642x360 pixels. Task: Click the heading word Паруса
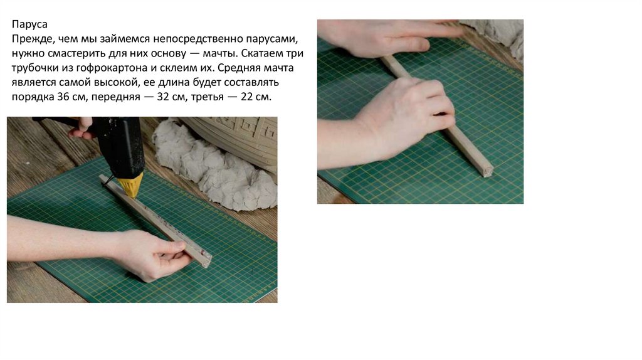[29, 24]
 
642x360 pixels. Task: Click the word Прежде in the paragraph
[33, 40]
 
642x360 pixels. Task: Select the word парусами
[272, 40]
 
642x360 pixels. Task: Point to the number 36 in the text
[63, 97]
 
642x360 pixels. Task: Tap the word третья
[207, 97]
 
